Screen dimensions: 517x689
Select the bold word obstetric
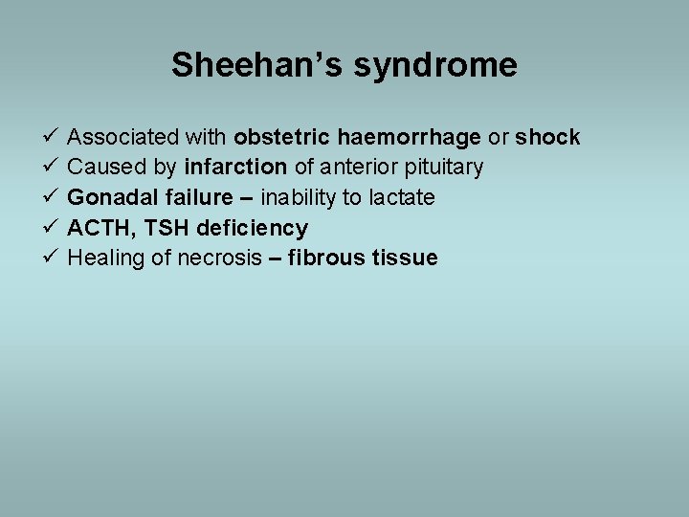click(x=281, y=137)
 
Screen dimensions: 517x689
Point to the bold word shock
click(x=547, y=137)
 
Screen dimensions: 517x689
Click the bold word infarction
click(x=235, y=168)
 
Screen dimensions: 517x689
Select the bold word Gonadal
click(x=108, y=197)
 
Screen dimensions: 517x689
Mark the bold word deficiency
click(x=252, y=228)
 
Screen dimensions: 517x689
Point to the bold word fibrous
click(x=326, y=258)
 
